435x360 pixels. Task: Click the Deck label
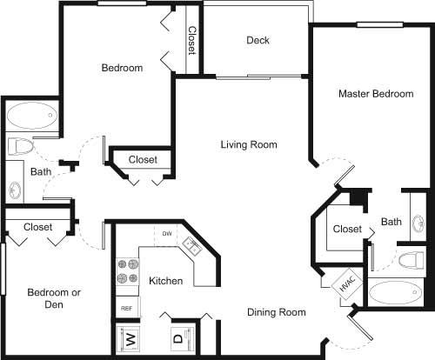tap(258, 40)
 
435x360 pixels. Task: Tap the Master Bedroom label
tap(376, 94)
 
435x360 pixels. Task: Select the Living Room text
tap(248, 144)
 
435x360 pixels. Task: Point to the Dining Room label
tap(276, 312)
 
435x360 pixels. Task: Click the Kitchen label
tap(165, 281)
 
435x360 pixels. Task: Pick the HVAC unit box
tap(345, 283)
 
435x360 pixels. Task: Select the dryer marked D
tap(177, 337)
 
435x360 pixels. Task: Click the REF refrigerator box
tap(126, 309)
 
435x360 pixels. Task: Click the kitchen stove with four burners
tap(127, 271)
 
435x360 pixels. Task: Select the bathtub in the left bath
tap(31, 115)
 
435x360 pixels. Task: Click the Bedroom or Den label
tap(53, 299)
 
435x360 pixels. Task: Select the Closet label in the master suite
tap(346, 229)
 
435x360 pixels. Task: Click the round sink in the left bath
tap(16, 189)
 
